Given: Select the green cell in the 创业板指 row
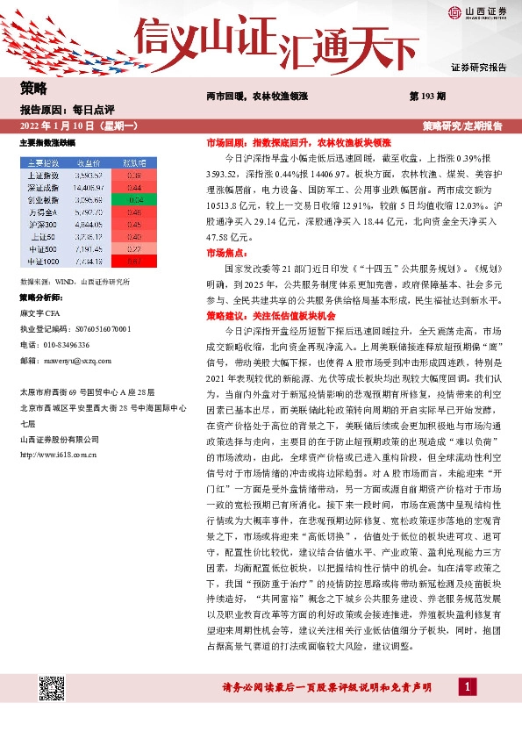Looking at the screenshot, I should [x=133, y=199].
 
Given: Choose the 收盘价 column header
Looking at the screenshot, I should [x=89, y=162].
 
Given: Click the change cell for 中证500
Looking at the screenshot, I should [x=133, y=248].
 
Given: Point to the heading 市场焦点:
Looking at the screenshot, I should [x=226, y=253].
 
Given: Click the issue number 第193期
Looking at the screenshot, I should [x=428, y=96].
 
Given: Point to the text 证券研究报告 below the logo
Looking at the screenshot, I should [x=478, y=68].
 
